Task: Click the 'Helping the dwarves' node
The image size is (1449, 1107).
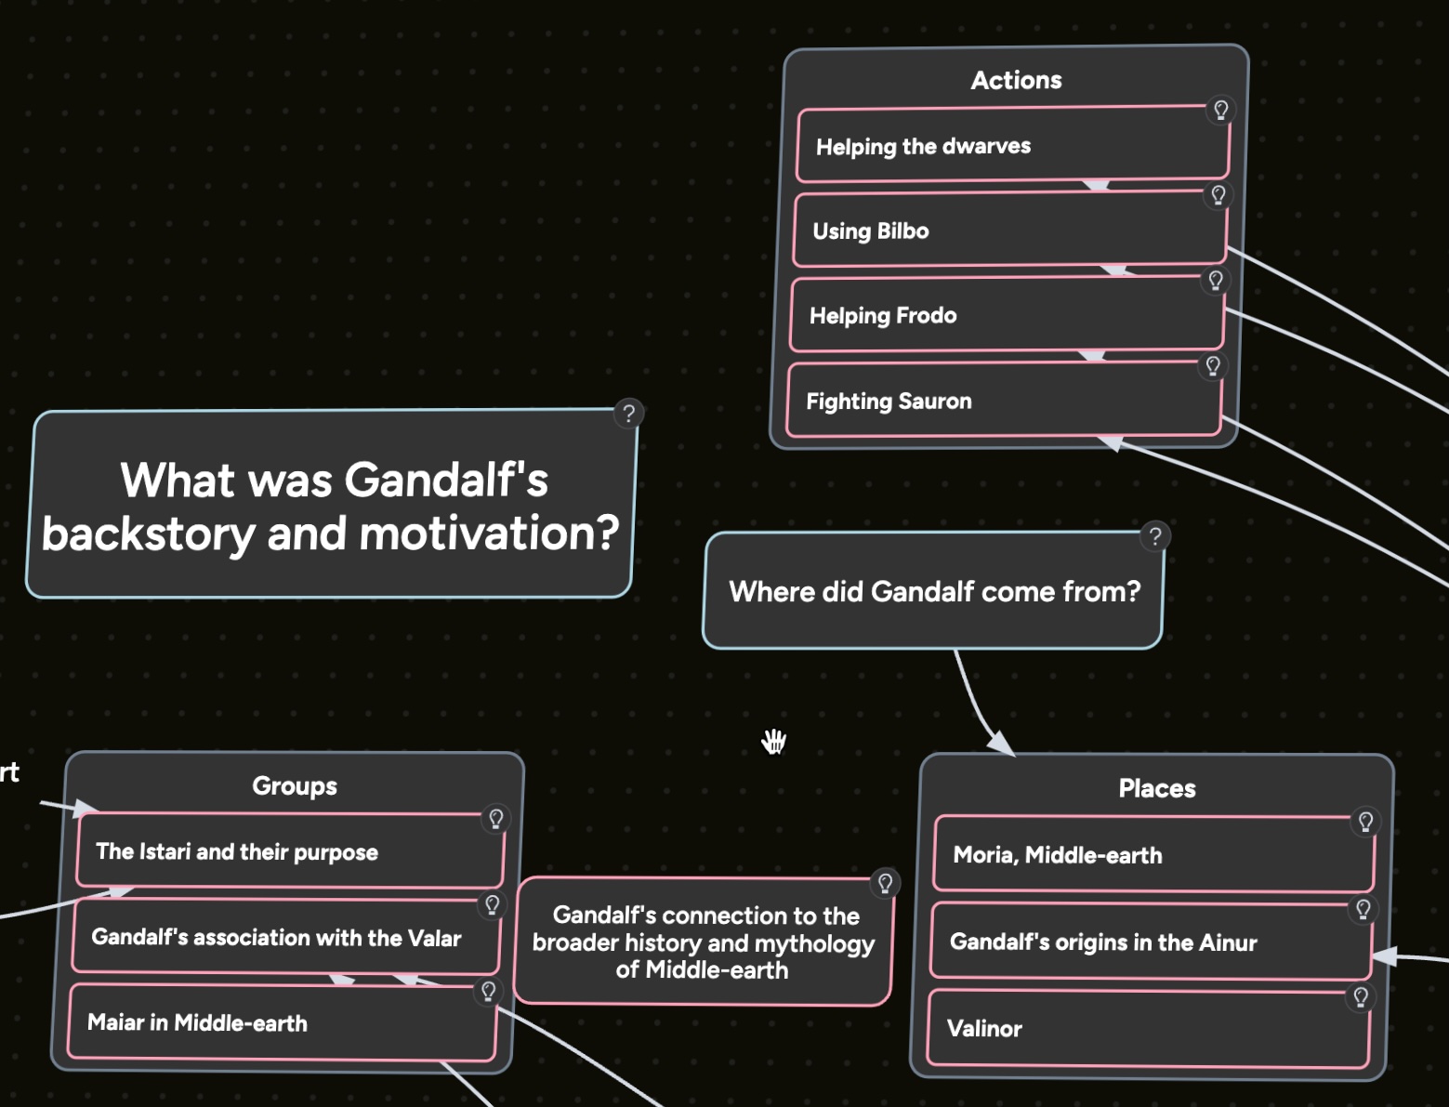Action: pos(1012,146)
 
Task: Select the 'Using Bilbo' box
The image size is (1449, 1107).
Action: pos(1008,231)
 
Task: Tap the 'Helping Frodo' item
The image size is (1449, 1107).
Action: pos(1006,315)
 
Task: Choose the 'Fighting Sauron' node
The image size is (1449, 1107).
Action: pos(1002,401)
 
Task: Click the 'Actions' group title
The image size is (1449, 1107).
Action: pos(1016,80)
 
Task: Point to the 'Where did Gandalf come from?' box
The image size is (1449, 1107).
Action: pos(933,591)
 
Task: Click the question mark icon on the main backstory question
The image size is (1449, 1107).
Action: pos(628,414)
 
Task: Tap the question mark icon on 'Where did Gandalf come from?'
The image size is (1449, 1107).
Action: pos(1154,536)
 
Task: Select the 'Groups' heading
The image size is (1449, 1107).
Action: pos(294,786)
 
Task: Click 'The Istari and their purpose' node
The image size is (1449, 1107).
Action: pos(289,851)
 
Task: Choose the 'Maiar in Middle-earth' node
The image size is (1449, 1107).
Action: pos(282,1022)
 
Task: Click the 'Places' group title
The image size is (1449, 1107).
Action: pos(1156,789)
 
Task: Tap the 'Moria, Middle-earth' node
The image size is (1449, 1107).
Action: pos(1153,855)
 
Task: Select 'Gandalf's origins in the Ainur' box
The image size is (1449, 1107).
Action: pos(1150,942)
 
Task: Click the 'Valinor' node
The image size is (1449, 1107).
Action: pos(1147,1028)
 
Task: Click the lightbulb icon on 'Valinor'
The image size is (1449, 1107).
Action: pos(1360,997)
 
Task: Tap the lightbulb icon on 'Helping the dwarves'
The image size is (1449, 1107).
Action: pos(1220,110)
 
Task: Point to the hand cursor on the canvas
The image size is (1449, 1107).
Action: pos(773,742)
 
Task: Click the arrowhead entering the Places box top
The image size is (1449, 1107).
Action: pos(1001,744)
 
